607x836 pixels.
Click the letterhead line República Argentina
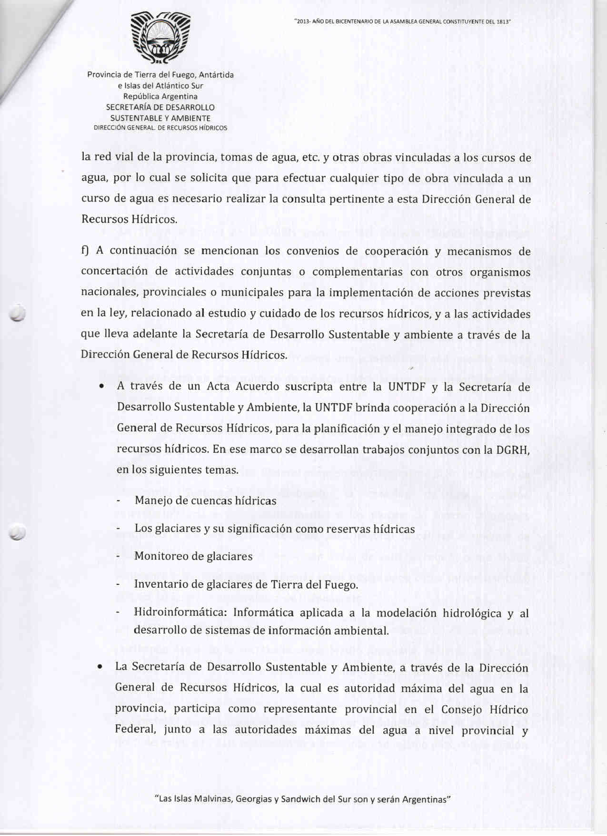point(160,97)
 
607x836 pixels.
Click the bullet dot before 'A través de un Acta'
point(101,387)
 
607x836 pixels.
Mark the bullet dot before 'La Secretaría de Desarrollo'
point(100,667)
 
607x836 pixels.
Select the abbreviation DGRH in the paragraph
point(514,449)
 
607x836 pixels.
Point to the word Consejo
point(461,709)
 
